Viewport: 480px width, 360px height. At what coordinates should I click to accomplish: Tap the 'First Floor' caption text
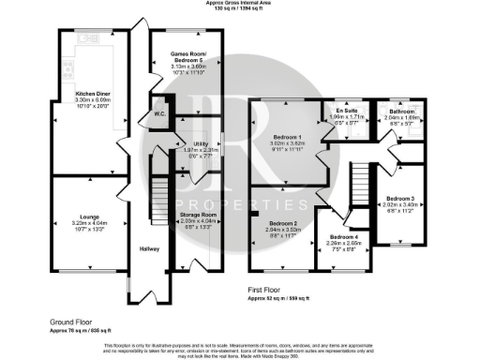point(267,291)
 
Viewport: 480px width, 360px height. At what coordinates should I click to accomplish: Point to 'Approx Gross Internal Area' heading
point(239,4)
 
